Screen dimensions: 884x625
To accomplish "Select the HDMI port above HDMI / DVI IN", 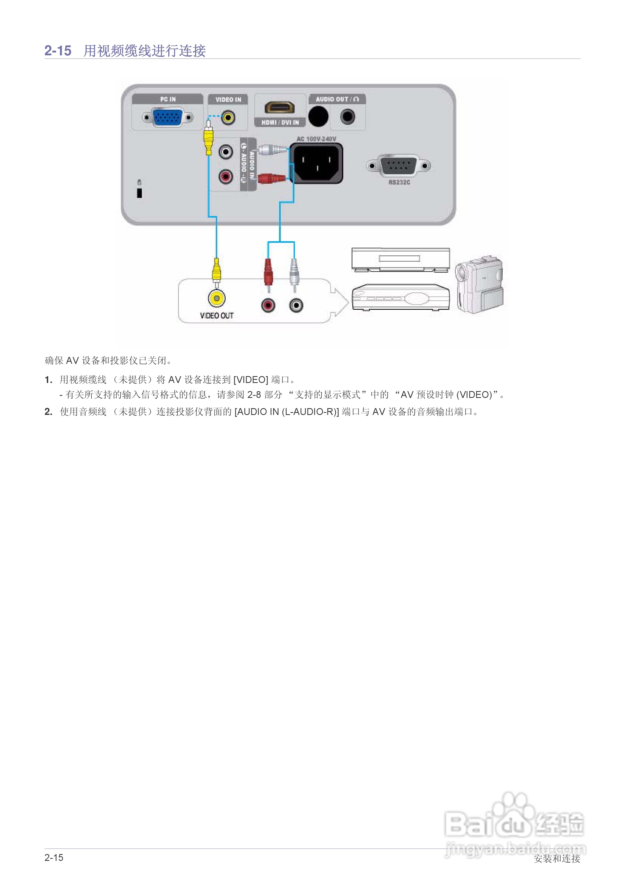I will tap(279, 107).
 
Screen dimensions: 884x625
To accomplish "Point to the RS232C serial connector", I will tap(398, 166).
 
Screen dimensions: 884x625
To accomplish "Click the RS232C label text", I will tap(399, 182).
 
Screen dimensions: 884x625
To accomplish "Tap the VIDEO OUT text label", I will tap(217, 316).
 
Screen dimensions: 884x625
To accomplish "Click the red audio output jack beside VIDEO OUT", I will tap(268, 305).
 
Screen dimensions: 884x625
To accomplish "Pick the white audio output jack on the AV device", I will tap(296, 305).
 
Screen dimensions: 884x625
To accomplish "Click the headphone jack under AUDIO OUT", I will tap(348, 116).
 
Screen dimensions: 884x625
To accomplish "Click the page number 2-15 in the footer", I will tap(54, 857).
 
